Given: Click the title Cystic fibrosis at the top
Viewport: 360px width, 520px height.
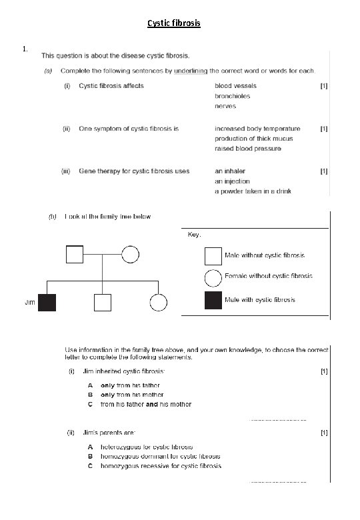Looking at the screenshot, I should [173, 23].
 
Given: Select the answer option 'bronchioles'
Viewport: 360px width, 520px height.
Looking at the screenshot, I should [233, 96].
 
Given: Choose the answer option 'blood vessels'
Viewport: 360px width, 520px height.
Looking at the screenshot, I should [235, 86].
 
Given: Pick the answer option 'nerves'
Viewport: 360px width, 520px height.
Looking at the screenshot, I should [225, 106].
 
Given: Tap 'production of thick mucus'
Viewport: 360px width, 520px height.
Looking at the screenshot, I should [254, 139].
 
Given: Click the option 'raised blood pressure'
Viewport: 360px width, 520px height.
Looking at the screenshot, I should [248, 148].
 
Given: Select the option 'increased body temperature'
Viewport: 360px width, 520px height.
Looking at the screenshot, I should [257, 129].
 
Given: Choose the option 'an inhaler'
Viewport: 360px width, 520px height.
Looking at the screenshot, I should [231, 171].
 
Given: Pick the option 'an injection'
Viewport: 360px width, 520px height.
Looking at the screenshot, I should [233, 181].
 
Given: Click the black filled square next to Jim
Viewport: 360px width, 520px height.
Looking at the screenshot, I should [47, 303].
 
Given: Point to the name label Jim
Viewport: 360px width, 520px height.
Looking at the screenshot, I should [29, 303].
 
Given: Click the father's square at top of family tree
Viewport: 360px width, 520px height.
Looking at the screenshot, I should [74, 255].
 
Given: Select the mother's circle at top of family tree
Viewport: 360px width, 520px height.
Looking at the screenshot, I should [130, 255].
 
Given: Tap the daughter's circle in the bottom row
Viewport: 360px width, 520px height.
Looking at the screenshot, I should [158, 303].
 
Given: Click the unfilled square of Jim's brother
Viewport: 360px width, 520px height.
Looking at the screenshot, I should [102, 303].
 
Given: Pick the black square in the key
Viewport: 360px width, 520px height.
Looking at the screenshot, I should [213, 300].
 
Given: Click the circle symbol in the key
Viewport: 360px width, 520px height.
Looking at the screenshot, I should [213, 276].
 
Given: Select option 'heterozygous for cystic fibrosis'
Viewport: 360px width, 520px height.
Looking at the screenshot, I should [147, 447].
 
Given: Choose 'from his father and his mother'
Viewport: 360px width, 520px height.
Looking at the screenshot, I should [145, 404].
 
